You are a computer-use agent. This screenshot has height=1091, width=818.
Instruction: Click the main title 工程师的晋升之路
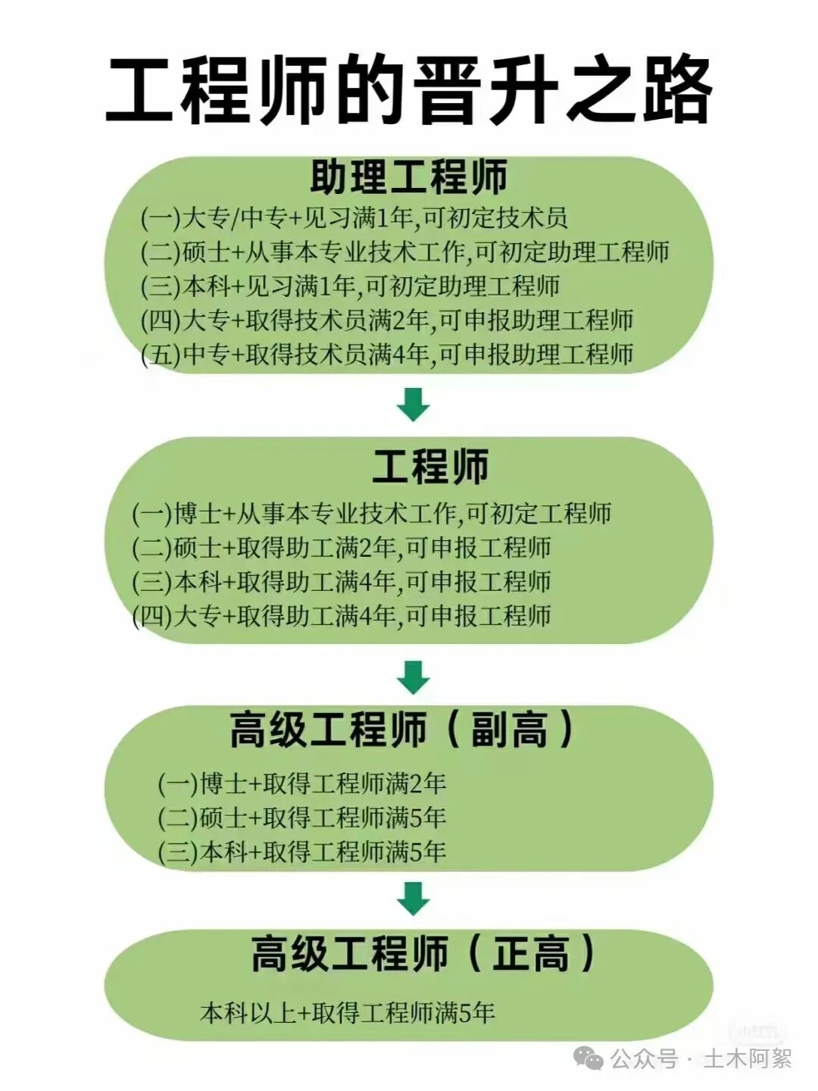409,89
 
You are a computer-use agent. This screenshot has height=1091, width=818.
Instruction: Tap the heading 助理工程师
409,177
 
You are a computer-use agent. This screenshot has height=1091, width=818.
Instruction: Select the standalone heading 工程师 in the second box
430,466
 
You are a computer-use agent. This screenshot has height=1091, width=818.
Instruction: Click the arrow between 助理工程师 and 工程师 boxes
414,405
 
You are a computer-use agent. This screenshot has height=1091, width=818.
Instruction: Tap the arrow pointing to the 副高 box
414,677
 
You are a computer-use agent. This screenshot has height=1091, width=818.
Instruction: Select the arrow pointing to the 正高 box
414,899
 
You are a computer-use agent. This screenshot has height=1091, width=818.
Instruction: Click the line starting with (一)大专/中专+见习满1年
354,218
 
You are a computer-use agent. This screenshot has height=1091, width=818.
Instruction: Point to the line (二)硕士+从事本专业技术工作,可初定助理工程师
405,252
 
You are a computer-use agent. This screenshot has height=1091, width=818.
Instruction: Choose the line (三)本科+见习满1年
350,286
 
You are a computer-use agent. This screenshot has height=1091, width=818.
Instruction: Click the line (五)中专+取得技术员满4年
387,354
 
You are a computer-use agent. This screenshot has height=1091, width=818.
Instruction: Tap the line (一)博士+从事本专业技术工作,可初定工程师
371,514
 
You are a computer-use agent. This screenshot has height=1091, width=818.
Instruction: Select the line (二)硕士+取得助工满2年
341,547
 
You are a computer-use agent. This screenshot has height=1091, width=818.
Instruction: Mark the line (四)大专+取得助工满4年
341,615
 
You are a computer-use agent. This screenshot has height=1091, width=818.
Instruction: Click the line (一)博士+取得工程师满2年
301,783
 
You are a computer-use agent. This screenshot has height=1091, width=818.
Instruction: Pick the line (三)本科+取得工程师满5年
301,852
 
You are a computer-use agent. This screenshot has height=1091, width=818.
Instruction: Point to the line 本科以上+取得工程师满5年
347,1012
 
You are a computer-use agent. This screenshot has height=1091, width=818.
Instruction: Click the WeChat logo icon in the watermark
588,1058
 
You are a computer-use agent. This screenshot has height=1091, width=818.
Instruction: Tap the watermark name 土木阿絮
747,1058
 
